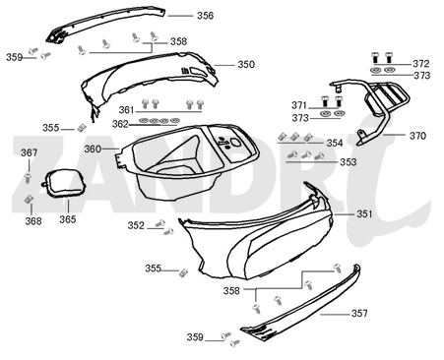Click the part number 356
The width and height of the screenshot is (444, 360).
205,16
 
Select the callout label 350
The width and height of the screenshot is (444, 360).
245,64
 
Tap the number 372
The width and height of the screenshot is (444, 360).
420,63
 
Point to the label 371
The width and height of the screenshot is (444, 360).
298,105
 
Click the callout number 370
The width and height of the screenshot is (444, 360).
418,136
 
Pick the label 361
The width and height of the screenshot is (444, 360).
127,109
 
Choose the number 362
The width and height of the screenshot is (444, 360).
119,124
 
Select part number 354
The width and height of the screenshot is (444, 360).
335,143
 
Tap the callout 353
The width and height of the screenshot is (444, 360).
335,161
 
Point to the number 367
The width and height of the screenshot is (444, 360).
30,152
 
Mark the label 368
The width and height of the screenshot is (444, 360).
33,221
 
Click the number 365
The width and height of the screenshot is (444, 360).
67,219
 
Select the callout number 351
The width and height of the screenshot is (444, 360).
364,213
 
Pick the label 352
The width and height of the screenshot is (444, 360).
135,225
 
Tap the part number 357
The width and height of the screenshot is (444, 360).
359,313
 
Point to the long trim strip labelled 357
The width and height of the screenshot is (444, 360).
305,305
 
